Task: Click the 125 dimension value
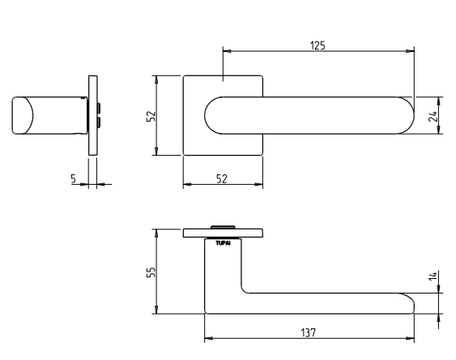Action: click(317, 45)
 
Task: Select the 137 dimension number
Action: click(308, 332)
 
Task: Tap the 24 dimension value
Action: click(433, 116)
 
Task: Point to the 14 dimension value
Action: click(433, 276)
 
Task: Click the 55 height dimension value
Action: click(151, 272)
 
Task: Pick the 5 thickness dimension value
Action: click(73, 178)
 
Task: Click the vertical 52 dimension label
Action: click(151, 116)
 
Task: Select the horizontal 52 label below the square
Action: click(222, 178)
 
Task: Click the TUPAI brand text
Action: click(223, 243)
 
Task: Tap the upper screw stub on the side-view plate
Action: click(99, 109)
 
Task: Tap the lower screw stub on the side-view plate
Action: click(99, 122)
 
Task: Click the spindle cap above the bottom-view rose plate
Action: click(223, 227)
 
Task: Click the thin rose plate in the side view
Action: click(93, 115)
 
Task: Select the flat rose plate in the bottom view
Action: click(223, 234)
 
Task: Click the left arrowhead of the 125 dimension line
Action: click(227, 51)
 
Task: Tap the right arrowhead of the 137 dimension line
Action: click(410, 338)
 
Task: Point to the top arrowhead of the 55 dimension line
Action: click(156, 234)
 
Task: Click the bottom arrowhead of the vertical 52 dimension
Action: click(156, 151)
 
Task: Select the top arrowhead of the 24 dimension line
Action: click(439, 101)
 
